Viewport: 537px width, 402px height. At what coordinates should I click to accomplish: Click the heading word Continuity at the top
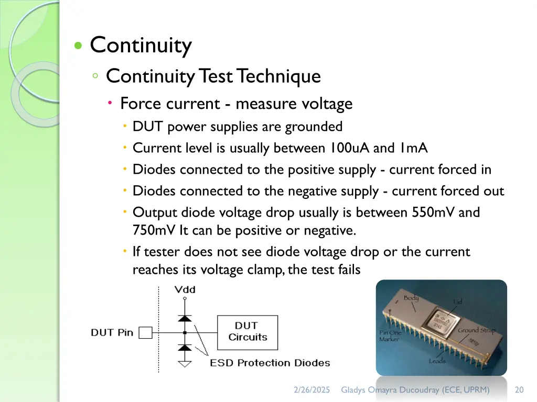(x=141, y=46)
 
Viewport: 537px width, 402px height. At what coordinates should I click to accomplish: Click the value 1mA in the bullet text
(x=413, y=148)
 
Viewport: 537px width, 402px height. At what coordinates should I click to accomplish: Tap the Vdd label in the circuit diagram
(x=184, y=289)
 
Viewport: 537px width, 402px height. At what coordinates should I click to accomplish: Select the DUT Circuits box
(x=248, y=332)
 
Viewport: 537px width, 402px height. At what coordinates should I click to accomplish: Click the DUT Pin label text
(x=112, y=332)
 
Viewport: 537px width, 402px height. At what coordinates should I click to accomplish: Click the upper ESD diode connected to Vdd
(x=184, y=318)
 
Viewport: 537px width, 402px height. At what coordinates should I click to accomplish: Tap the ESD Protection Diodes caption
(x=270, y=363)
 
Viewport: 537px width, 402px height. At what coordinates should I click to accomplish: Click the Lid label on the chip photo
(x=458, y=302)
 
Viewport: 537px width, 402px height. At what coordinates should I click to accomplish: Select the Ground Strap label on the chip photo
(x=476, y=331)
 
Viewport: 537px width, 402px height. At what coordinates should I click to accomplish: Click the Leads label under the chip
(x=437, y=361)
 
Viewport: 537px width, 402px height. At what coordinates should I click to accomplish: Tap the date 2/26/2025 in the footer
(x=312, y=390)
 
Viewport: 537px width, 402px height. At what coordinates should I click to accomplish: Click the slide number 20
(x=519, y=390)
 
